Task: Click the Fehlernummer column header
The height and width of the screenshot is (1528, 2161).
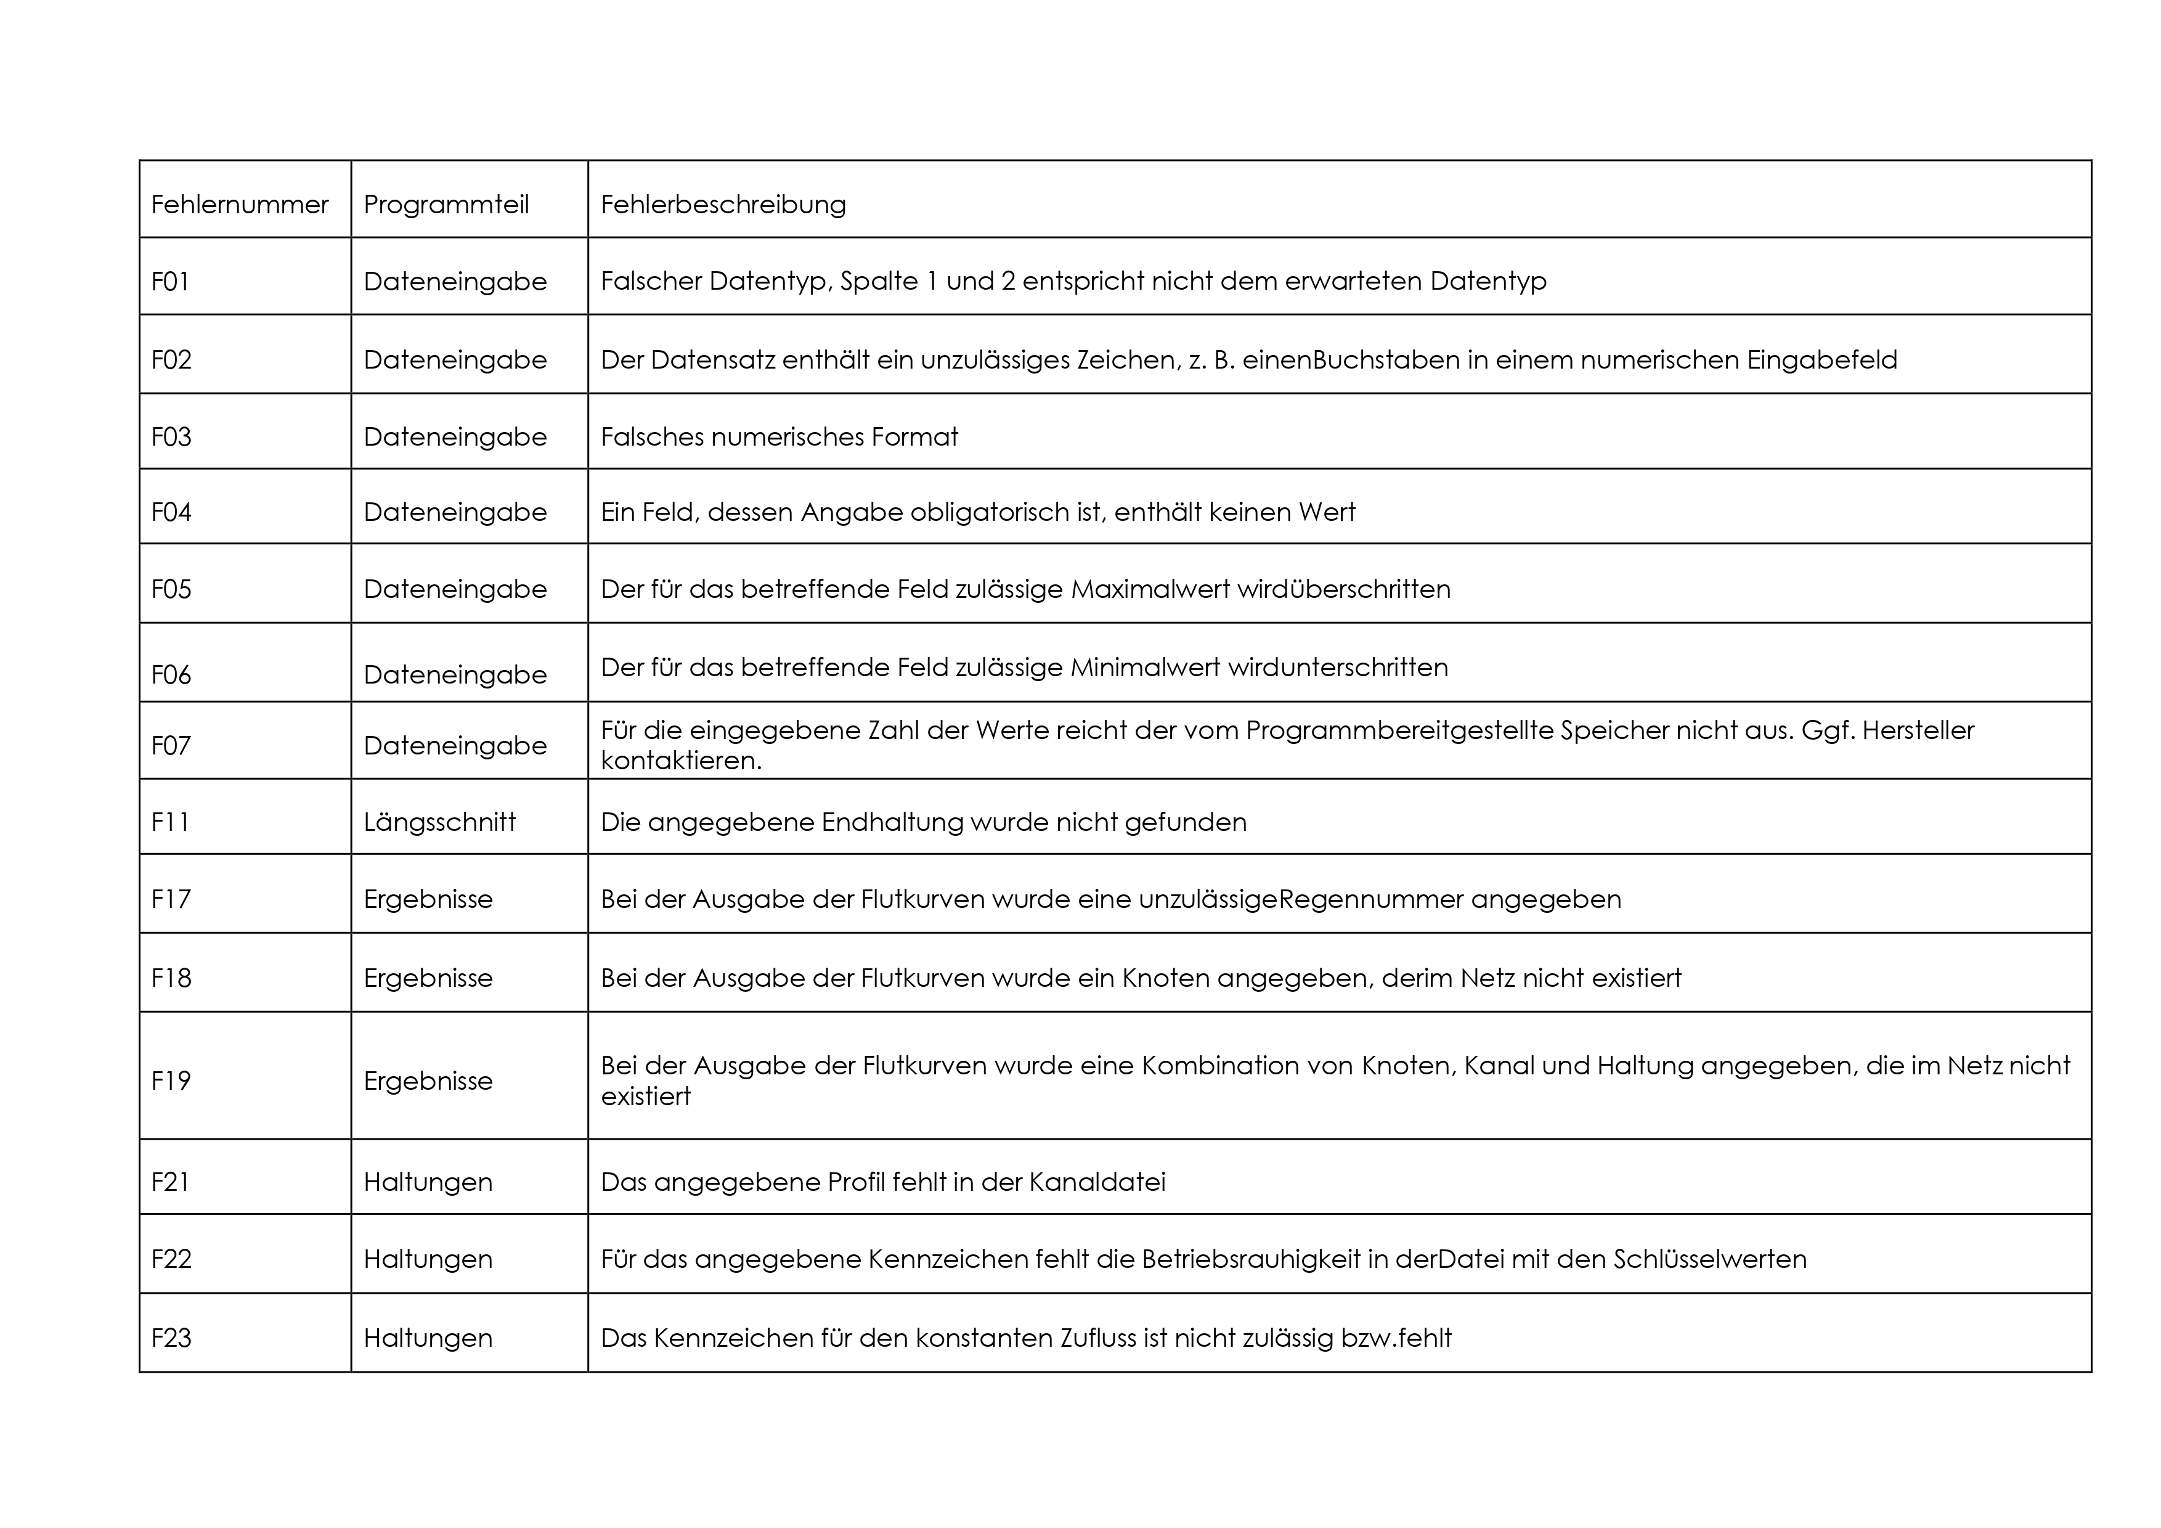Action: [x=239, y=204]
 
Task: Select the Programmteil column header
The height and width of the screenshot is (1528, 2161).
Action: [x=446, y=204]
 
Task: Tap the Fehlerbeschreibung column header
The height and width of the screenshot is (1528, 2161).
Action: [x=723, y=204]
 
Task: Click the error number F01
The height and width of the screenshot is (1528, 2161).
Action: [x=170, y=282]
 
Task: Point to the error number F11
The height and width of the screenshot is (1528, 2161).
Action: [x=170, y=822]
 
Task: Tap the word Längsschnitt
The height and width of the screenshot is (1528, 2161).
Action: [x=439, y=822]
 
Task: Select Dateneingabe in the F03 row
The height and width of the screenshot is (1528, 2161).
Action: [x=455, y=437]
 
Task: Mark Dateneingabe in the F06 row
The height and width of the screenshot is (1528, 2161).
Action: [x=455, y=675]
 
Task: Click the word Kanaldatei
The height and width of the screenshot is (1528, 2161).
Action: [x=1096, y=1182]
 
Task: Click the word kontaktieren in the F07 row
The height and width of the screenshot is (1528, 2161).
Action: [x=680, y=761]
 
